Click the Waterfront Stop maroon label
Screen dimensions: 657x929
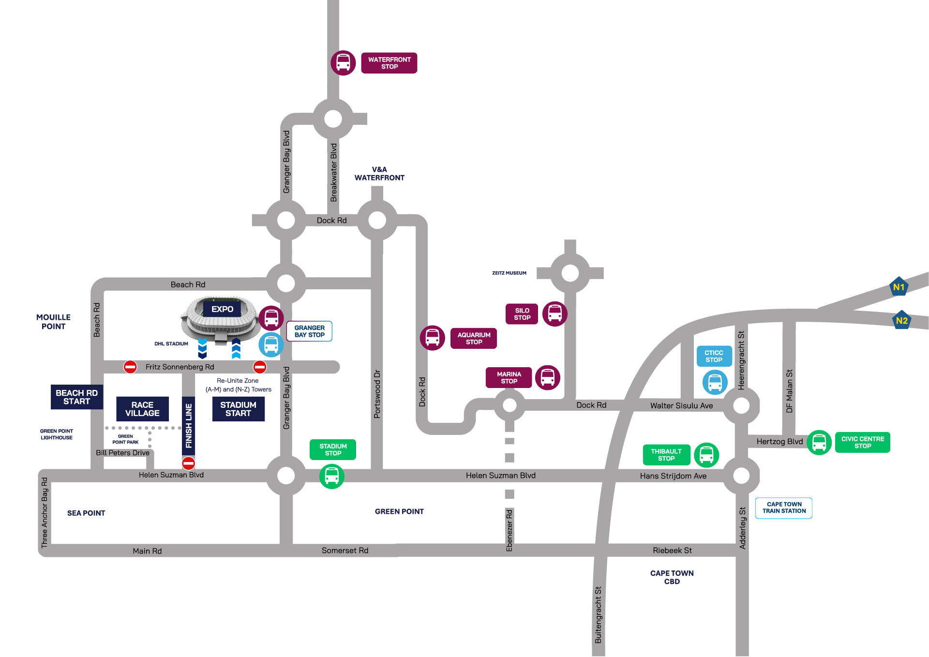coord(389,63)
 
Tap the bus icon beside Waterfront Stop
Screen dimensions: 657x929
coord(343,63)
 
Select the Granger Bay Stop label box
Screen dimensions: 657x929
coord(310,331)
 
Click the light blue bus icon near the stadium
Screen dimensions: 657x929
coord(271,344)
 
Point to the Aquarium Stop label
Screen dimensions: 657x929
coord(474,338)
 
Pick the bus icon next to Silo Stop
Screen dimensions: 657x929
coord(554,314)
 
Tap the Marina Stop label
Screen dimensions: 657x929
coord(509,377)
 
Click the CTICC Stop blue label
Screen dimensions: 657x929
coord(714,356)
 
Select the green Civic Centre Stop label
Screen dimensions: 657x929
coord(862,442)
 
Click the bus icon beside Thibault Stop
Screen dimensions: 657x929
coord(706,455)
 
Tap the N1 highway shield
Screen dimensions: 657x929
coord(899,287)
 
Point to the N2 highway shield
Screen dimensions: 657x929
coord(901,320)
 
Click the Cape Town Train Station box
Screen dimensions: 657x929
coord(784,508)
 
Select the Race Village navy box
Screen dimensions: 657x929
coord(142,409)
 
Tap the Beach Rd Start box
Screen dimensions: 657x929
coord(76,397)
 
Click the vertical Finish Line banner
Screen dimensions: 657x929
coord(189,426)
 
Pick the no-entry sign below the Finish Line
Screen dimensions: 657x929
coord(188,463)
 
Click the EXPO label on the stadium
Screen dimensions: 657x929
coord(222,309)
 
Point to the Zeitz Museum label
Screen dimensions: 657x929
coord(509,273)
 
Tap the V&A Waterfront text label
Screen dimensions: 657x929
coord(379,174)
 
